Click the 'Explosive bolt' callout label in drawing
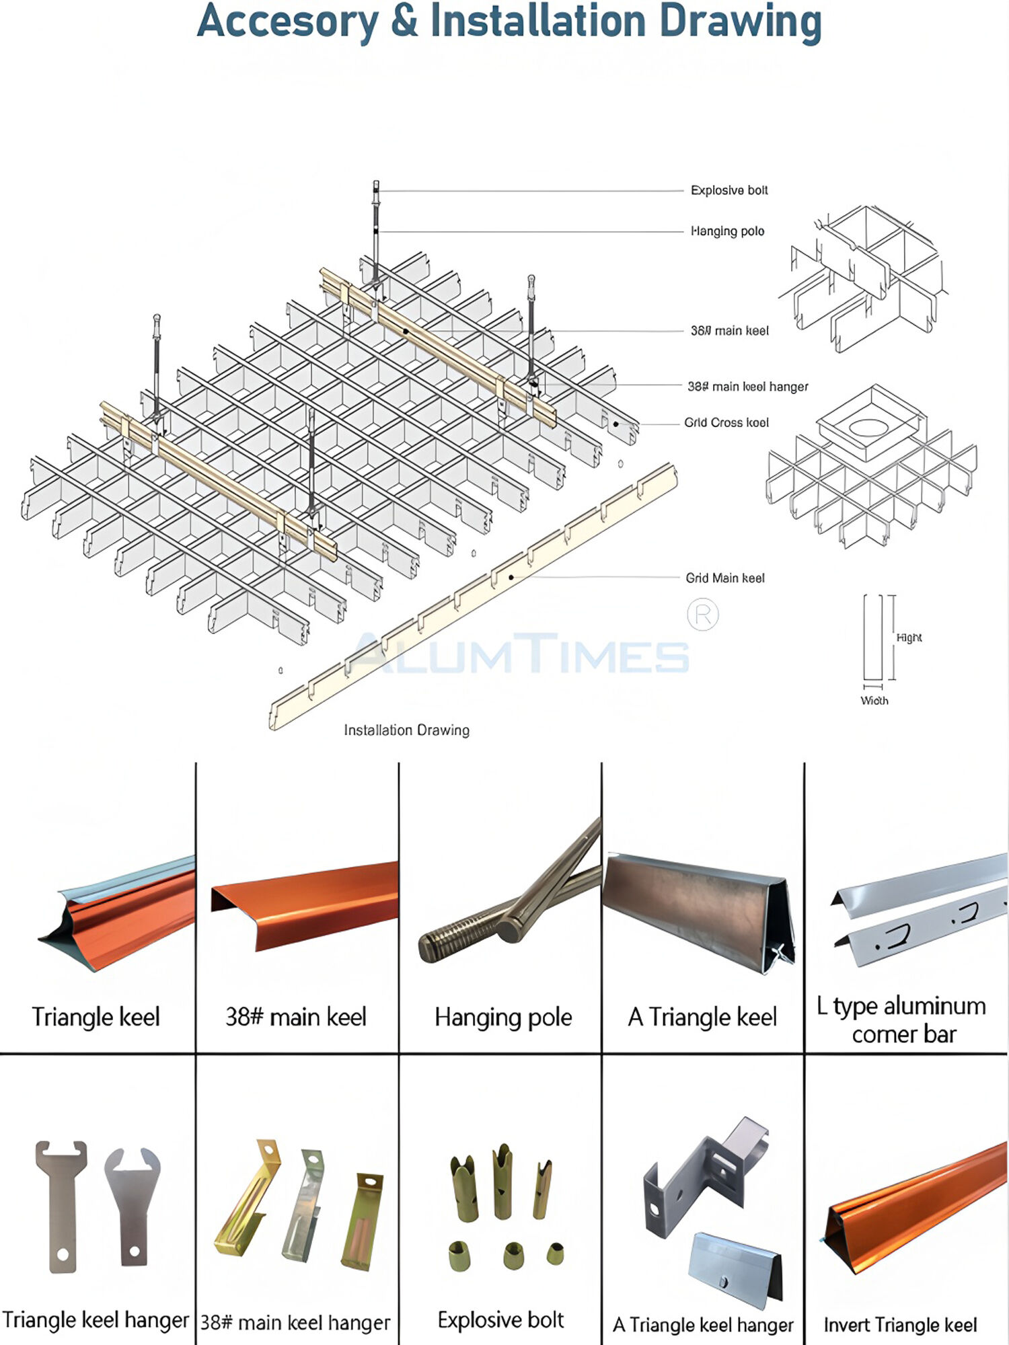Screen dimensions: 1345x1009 point(729,190)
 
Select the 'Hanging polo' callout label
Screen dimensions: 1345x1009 point(728,231)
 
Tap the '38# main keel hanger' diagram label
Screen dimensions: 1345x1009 point(747,387)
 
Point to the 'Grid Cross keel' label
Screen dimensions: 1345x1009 point(726,423)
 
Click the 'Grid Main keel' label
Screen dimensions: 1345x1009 point(725,578)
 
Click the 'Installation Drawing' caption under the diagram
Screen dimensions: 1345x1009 point(406,730)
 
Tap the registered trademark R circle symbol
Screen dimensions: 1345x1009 point(703,615)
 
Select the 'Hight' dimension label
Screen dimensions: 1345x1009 point(909,638)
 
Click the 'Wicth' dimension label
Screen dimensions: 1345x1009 point(874,701)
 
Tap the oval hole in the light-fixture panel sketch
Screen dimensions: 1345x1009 point(868,427)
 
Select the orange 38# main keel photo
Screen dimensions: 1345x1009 point(306,901)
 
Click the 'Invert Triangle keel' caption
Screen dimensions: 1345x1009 point(900,1325)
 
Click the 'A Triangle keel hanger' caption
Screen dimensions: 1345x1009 point(703,1325)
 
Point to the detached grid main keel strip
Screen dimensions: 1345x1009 point(471,599)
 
